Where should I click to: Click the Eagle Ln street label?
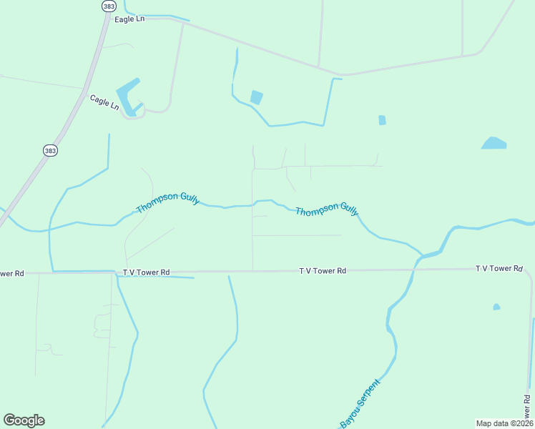click(129, 19)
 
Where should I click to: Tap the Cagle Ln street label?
click(104, 102)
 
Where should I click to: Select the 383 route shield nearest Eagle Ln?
click(108, 6)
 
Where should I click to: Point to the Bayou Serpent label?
click(360, 403)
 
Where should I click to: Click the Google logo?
click(24, 420)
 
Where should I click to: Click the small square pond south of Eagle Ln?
click(256, 97)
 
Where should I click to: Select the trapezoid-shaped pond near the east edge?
click(494, 143)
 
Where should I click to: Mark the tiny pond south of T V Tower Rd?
click(496, 307)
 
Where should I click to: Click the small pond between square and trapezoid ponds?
click(382, 120)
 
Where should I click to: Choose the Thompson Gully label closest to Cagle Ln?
click(167, 202)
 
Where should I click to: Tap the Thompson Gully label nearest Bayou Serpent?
click(327, 209)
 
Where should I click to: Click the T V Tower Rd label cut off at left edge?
click(11, 273)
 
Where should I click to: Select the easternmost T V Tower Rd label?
click(499, 268)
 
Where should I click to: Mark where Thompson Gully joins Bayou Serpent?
click(422, 254)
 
